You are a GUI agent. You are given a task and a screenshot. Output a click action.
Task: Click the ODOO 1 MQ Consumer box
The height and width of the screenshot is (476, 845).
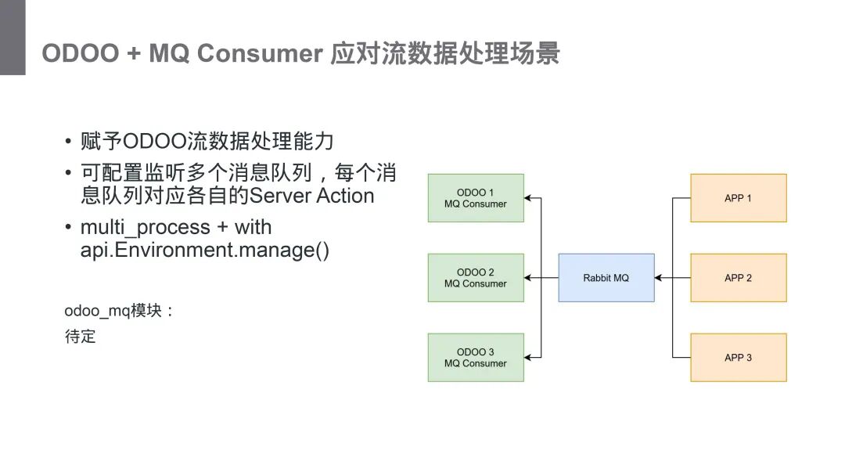coord(476,198)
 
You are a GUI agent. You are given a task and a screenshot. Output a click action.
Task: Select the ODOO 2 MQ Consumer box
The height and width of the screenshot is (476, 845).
coord(476,278)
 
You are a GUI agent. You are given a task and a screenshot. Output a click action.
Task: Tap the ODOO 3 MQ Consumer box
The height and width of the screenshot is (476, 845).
coord(476,358)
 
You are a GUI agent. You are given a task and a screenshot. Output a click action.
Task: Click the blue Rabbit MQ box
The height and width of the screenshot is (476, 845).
coord(606,278)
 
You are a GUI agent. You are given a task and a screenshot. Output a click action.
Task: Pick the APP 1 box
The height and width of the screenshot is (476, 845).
coord(738,198)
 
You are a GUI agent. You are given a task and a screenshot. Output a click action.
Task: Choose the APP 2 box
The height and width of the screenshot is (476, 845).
coord(738,278)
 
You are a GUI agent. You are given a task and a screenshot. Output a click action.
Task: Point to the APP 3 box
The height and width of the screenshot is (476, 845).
coord(738,358)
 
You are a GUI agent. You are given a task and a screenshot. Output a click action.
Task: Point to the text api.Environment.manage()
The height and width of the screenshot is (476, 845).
coord(205,251)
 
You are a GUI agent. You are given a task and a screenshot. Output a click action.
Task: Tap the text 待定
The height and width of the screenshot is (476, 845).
coord(80,337)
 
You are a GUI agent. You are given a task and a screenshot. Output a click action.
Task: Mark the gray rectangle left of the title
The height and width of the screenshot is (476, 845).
coord(13,38)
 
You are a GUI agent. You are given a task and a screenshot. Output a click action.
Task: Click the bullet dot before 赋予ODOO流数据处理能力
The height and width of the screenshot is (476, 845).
coord(69,142)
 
